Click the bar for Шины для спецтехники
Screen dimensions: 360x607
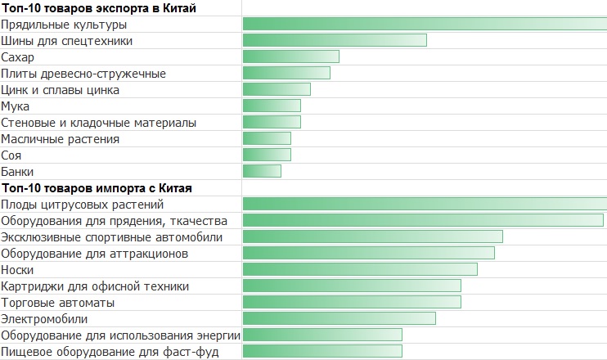(335, 40)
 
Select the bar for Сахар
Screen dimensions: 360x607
(290, 56)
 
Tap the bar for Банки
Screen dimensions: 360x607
(262, 171)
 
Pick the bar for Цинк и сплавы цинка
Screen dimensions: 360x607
(277, 89)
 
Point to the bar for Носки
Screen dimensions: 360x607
(360, 269)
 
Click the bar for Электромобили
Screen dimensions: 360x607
(339, 318)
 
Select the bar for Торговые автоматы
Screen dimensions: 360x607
(352, 302)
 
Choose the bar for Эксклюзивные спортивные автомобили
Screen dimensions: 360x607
(372, 236)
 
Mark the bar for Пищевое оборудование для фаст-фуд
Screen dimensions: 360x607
(322, 351)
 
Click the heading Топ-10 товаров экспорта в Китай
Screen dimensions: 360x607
(98, 8)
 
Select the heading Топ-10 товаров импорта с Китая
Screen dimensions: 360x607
(97, 188)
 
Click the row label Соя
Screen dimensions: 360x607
(12, 155)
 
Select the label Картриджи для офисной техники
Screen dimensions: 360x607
(95, 286)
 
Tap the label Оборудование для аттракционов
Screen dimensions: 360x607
(95, 254)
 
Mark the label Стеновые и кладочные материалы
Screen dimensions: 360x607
(98, 123)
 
